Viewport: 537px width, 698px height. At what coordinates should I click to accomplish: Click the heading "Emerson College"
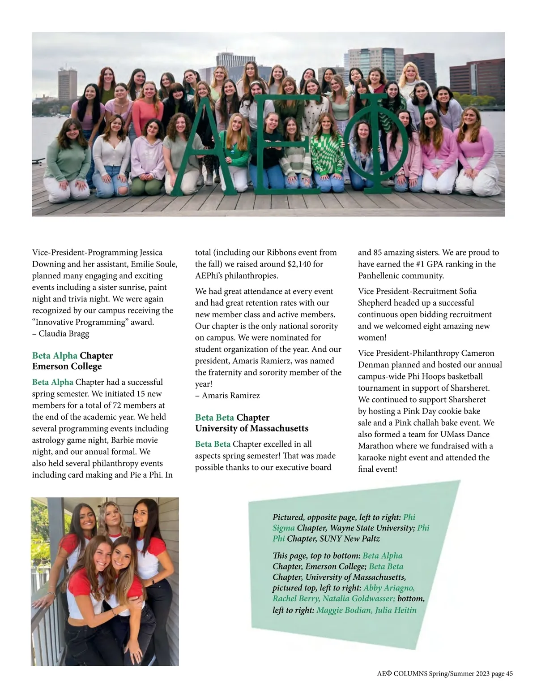click(x=67, y=366)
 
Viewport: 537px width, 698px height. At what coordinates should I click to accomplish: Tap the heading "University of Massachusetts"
click(x=251, y=428)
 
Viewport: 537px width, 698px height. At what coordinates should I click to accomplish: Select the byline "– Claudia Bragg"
click(x=61, y=334)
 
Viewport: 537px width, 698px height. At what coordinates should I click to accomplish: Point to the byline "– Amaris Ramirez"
click(x=227, y=396)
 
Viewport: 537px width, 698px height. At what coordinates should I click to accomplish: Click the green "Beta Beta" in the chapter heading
click(x=214, y=418)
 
